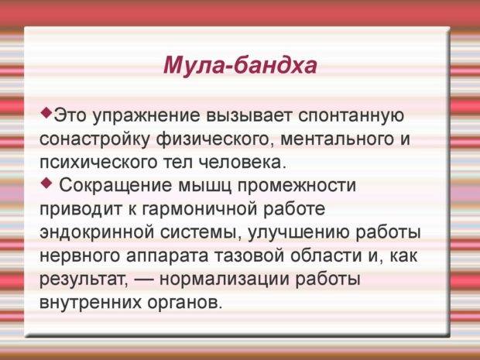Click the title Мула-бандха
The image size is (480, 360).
(x=240, y=65)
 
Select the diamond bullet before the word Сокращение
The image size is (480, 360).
(x=46, y=183)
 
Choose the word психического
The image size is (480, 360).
(x=98, y=163)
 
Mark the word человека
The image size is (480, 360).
(x=242, y=163)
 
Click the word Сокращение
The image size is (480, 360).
(x=115, y=186)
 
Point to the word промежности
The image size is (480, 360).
(x=297, y=187)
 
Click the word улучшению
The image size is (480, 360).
(x=297, y=233)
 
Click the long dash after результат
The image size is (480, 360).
(x=143, y=279)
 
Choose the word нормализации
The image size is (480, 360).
(x=225, y=279)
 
